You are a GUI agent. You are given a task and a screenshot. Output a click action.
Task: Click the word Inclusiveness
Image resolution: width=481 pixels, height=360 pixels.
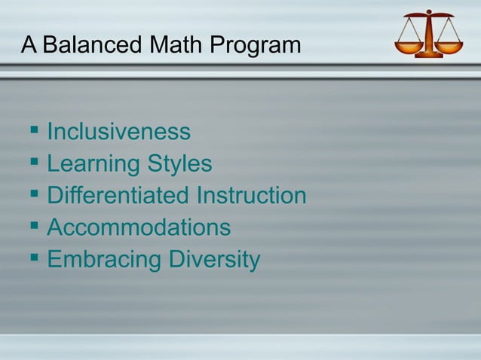pyautogui.click(x=118, y=133)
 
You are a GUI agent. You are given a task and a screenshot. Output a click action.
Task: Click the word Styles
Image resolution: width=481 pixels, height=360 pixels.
pyautogui.click(x=181, y=165)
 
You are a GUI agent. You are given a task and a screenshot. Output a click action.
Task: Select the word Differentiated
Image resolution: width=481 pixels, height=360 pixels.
pyautogui.click(x=118, y=196)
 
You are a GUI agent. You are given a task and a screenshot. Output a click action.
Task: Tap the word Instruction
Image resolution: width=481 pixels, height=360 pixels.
pyautogui.click(x=251, y=196)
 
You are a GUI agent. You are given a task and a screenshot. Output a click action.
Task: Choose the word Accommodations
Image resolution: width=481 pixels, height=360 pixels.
pyautogui.click(x=139, y=227)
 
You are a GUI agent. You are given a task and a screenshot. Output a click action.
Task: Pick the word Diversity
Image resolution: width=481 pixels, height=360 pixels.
pyautogui.click(x=214, y=260)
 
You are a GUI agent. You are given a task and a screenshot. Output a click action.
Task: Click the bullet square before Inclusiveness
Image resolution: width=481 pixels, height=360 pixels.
pyautogui.click(x=34, y=131)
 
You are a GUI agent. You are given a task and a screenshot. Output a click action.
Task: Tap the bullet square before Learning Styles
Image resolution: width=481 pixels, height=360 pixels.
pyautogui.click(x=34, y=163)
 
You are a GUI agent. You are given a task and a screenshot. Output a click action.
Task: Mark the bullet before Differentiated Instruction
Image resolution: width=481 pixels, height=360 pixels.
pyautogui.click(x=34, y=194)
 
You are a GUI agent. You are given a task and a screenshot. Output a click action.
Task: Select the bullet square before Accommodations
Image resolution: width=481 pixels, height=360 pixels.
pyautogui.click(x=34, y=226)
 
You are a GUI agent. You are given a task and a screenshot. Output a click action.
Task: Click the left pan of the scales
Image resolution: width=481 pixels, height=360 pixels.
pyautogui.click(x=409, y=47)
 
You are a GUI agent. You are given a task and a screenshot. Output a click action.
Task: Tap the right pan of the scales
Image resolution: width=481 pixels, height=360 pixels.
pyautogui.click(x=450, y=47)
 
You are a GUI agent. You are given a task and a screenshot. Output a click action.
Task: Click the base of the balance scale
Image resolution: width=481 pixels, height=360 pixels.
pyautogui.click(x=429, y=54)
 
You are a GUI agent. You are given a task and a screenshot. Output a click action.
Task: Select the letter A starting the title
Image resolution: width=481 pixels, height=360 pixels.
pyautogui.click(x=29, y=45)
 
